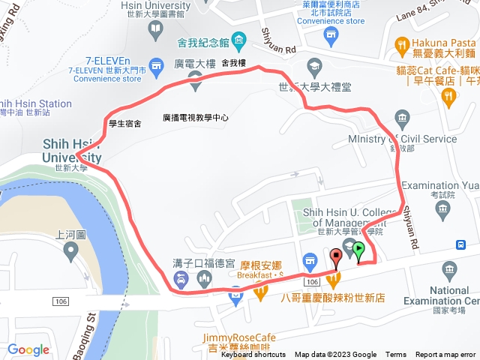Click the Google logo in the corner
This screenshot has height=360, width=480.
(x=28, y=349)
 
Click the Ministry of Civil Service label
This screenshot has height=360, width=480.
(x=402, y=139)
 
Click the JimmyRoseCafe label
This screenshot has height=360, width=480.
(x=238, y=338)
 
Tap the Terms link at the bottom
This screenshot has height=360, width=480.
(x=396, y=355)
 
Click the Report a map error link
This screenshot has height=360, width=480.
(x=445, y=355)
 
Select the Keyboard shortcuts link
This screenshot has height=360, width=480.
(x=253, y=355)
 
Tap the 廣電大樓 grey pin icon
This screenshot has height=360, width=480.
(x=195, y=84)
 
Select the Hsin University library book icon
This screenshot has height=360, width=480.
(x=155, y=29)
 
